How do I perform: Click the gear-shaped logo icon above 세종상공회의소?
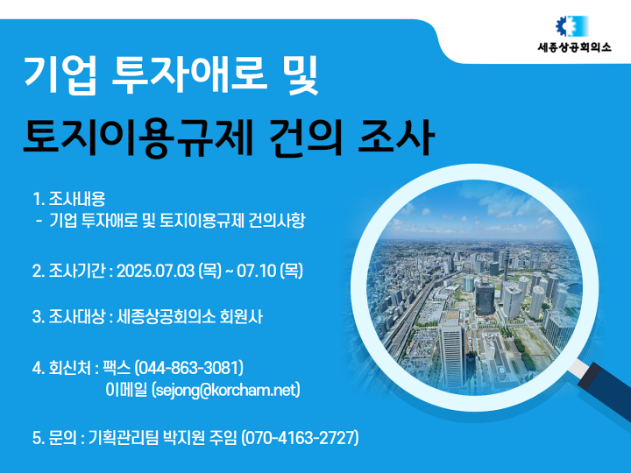[571, 26]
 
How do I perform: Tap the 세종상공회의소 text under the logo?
[574, 47]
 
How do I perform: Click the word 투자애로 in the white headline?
[189, 74]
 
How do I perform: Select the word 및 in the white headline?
[301, 74]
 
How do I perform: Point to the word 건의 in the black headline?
[305, 138]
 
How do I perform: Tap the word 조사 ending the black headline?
[396, 138]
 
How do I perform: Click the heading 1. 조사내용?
[69, 199]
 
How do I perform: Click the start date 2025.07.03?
[155, 271]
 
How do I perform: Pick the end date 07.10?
[256, 271]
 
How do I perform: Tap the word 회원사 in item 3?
[241, 317]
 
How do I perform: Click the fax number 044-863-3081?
[188, 368]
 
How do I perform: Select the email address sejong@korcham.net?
[226, 390]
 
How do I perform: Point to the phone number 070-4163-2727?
[300, 438]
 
